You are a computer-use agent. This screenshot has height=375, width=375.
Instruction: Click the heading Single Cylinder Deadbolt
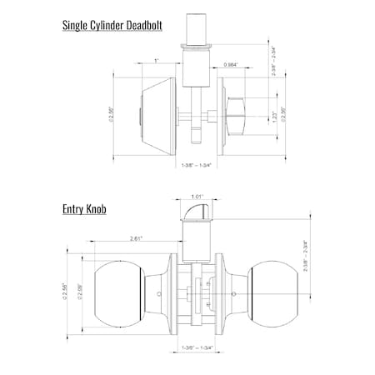pyautogui.click(x=112, y=25)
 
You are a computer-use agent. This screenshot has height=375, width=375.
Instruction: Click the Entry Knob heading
pyautogui.click(x=86, y=210)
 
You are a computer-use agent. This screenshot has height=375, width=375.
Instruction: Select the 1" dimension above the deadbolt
pyautogui.click(x=157, y=62)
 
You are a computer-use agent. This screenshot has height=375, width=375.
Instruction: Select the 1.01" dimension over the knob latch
pyautogui.click(x=197, y=197)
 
